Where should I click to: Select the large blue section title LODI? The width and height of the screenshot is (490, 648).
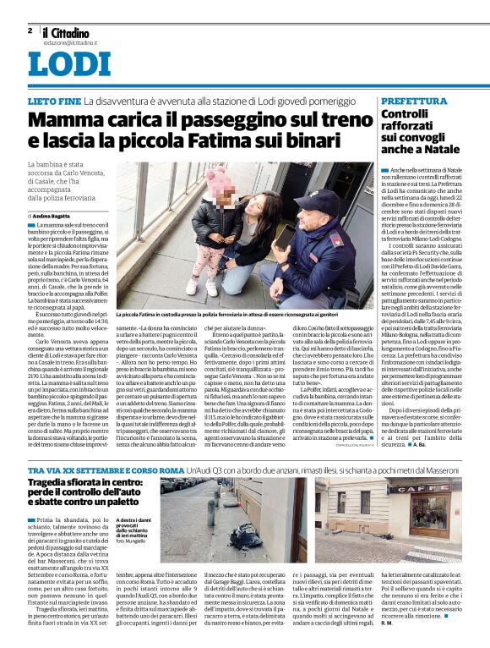(68, 65)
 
